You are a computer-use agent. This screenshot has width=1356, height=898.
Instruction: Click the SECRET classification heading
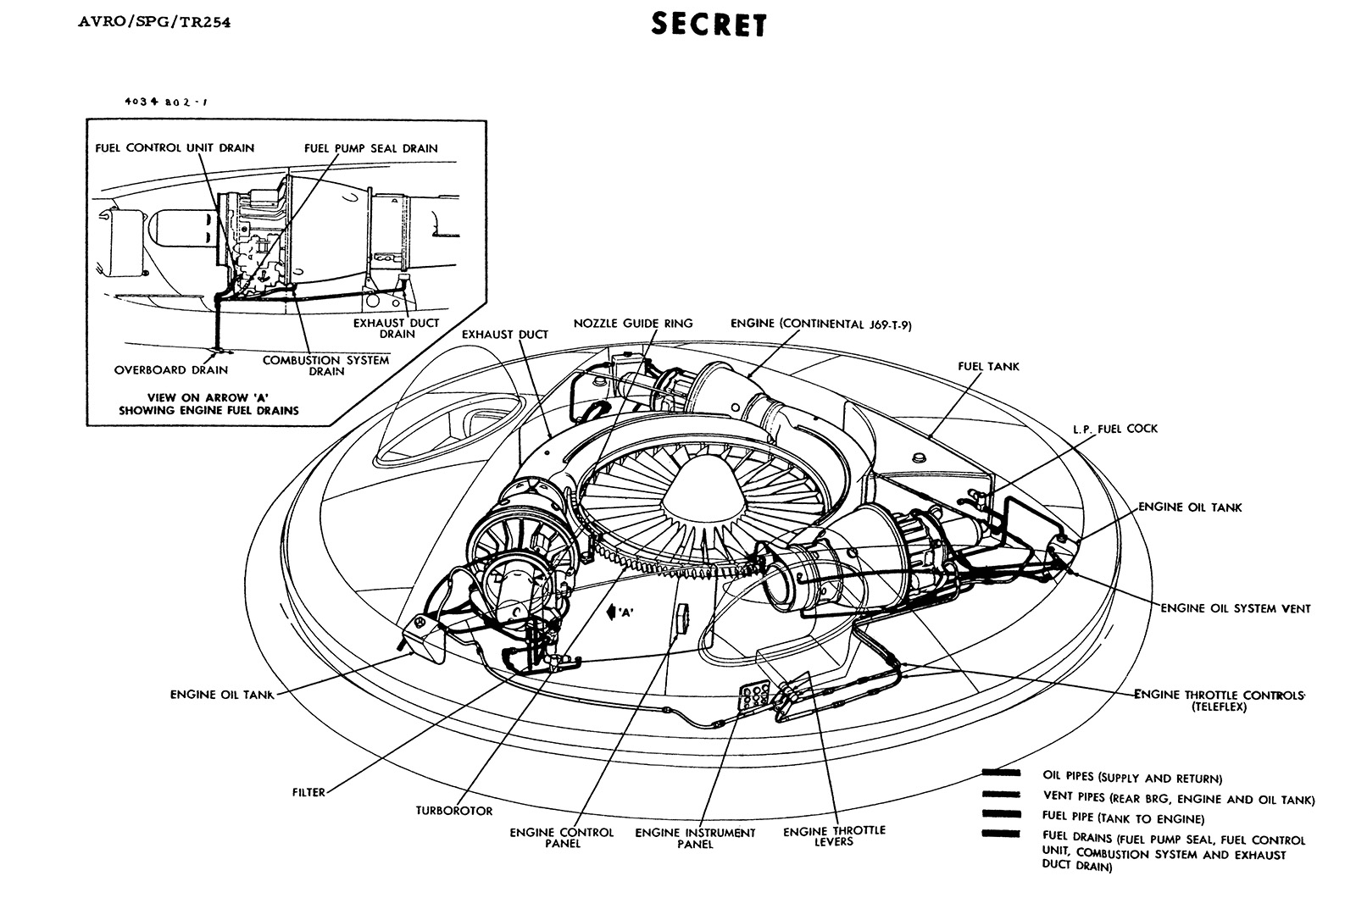coord(709,25)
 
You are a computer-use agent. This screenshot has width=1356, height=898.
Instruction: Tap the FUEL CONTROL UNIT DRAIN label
coord(175,148)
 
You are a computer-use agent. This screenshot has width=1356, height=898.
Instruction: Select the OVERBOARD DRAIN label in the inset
coord(171,370)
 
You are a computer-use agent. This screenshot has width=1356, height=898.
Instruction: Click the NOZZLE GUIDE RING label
coord(633,323)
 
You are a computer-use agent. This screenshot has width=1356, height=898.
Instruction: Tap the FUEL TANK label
coord(988,367)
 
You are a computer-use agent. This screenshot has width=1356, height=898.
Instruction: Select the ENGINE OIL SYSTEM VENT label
coord(1235,608)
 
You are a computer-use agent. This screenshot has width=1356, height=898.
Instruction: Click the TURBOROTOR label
coord(454,811)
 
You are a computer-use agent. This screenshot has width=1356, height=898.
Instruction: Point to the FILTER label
coord(308,793)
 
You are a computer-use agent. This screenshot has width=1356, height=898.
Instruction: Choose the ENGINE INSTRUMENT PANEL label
coord(695,838)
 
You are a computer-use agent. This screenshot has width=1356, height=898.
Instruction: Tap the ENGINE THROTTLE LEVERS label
coord(834,835)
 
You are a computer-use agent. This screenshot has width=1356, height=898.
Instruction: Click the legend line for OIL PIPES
coord(1000,773)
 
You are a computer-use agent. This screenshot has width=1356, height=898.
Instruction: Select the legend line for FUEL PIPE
coord(1000,814)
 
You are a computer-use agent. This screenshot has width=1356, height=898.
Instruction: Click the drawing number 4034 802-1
coord(165,101)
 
